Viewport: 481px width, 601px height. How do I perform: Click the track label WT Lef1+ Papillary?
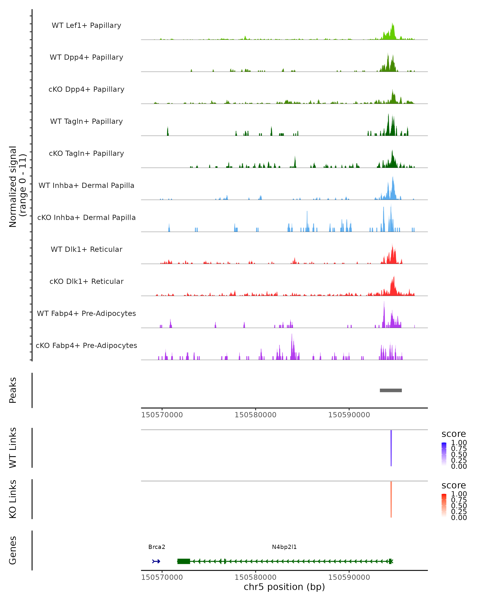pos(86,25)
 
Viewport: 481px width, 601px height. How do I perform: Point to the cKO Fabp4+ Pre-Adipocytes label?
pos(86,345)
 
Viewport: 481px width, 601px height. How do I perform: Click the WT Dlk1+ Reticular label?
pos(86,249)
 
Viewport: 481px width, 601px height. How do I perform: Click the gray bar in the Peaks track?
pos(391,390)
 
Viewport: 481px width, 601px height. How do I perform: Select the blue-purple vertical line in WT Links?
pos(391,448)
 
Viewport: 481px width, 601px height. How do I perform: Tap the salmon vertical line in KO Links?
pos(391,499)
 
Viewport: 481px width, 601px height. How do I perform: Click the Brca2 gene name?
pos(157,547)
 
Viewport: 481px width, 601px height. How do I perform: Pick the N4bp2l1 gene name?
pos(284,547)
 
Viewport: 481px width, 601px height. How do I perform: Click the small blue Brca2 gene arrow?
pos(156,561)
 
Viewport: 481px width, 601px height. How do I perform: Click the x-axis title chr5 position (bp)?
pos(284,587)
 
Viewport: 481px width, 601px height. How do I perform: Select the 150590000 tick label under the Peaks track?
pos(349,415)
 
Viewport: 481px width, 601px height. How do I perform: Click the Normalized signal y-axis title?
pos(17,187)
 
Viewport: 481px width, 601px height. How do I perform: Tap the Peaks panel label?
pos(13,390)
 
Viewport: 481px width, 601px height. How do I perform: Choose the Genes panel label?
pos(13,550)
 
